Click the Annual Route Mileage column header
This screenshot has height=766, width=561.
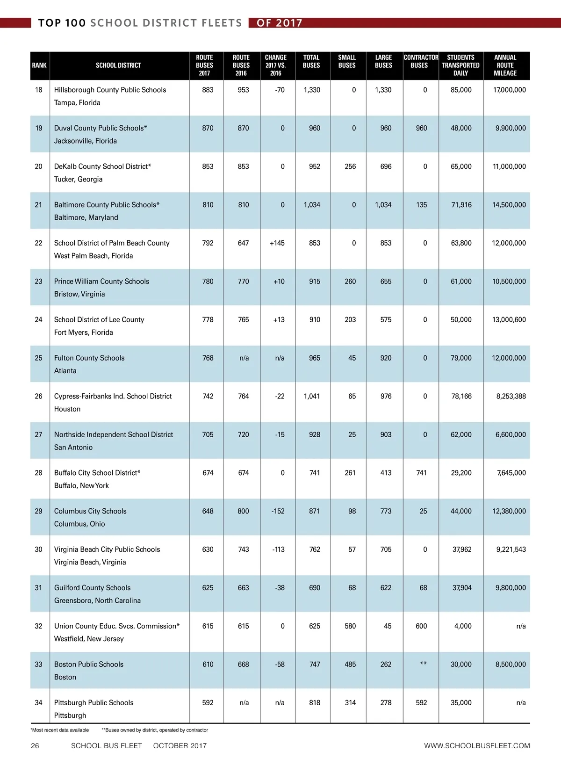(505, 65)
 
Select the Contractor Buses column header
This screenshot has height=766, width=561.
(421, 61)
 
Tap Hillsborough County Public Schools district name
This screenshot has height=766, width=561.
(110, 90)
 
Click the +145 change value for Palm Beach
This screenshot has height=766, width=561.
(277, 243)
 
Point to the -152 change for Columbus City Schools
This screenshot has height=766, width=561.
(278, 511)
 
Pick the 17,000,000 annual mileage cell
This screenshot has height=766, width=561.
(509, 90)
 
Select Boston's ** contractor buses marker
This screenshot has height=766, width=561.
(423, 664)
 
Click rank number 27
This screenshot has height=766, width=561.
(38, 434)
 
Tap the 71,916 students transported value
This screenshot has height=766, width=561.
(461, 205)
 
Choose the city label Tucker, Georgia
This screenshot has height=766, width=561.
(78, 179)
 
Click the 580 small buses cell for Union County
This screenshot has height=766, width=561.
(350, 626)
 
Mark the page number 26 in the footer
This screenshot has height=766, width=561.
(35, 746)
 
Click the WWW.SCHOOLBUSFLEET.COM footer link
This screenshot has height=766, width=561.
(477, 746)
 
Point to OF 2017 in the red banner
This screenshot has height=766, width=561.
(280, 23)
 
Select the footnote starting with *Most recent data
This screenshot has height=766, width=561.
(60, 730)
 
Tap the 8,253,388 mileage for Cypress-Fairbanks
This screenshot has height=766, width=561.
(511, 396)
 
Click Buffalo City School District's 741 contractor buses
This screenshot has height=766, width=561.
(421, 473)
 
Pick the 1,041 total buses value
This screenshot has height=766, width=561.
(312, 396)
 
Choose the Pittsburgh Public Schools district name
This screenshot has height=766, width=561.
(93, 702)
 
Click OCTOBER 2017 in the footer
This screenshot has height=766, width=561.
(180, 746)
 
